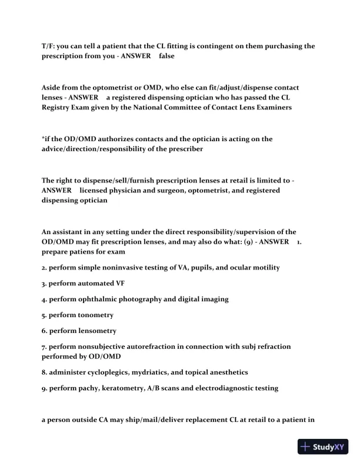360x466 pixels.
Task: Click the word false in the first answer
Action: pyautogui.click(x=167, y=56)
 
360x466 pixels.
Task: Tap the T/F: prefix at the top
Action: pyautogui.click(x=49, y=46)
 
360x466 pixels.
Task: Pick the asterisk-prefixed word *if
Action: pyautogui.click(x=46, y=139)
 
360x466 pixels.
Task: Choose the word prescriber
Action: pyautogui.click(x=183, y=149)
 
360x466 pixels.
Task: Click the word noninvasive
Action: pyautogui.click(x=118, y=267)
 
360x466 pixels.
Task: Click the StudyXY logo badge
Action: pyautogui.click(x=324, y=447)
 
